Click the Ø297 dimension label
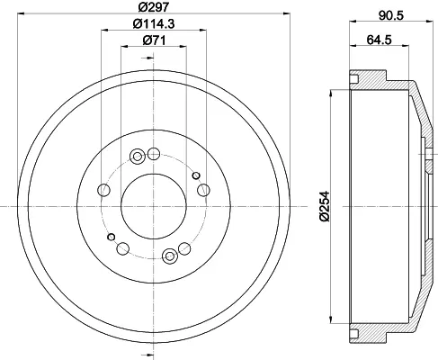[154, 6]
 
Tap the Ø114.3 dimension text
[154, 23]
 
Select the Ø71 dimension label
[154, 40]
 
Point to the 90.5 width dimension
[391, 15]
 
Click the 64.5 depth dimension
[380, 40]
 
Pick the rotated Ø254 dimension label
[325, 206]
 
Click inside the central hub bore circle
[154, 206]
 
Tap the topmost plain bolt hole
[154, 154]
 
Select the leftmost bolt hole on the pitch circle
[104, 190]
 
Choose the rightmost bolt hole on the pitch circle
[203, 190]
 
